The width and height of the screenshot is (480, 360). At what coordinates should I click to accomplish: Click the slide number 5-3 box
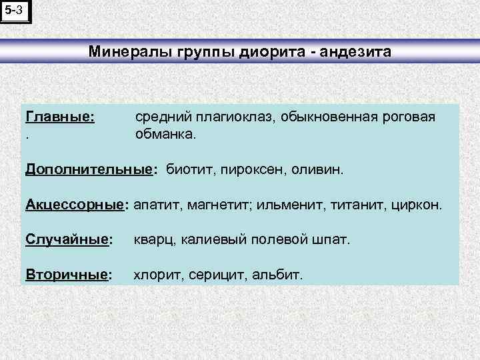click(x=15, y=11)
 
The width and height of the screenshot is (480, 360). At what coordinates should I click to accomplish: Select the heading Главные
click(x=59, y=117)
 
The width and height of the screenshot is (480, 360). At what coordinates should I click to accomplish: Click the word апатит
click(x=155, y=204)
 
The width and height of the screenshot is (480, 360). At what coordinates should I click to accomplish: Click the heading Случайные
click(x=67, y=239)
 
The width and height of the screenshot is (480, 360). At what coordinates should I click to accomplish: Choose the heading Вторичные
click(x=67, y=273)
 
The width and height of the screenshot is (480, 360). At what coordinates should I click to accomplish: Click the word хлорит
click(x=158, y=273)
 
